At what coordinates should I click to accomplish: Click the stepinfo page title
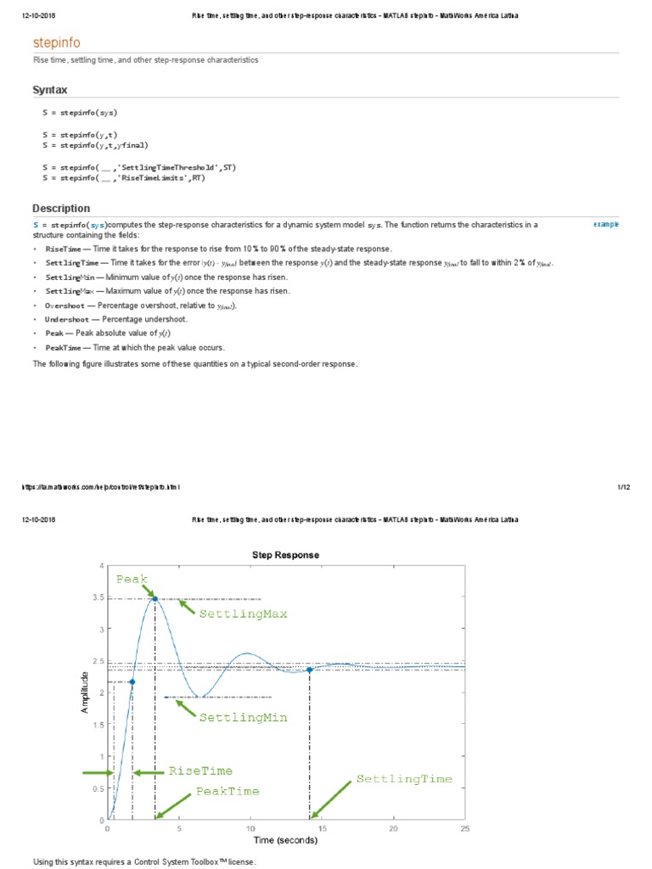pyautogui.click(x=57, y=42)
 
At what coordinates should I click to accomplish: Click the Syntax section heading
pyautogui.click(x=50, y=90)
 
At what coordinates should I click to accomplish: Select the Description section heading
pyautogui.click(x=61, y=208)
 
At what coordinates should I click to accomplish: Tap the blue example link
pyautogui.click(x=606, y=224)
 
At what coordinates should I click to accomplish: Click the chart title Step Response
pyautogui.click(x=286, y=555)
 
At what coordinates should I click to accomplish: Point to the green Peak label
pyautogui.click(x=132, y=579)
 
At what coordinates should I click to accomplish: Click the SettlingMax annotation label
pyautogui.click(x=243, y=613)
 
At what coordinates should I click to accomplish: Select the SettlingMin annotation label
pyautogui.click(x=243, y=717)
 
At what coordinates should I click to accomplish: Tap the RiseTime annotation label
pyautogui.click(x=200, y=771)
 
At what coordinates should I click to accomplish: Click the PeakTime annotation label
pyautogui.click(x=228, y=791)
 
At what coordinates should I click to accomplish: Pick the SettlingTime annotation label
pyautogui.click(x=404, y=778)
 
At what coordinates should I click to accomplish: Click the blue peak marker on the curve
pyautogui.click(x=155, y=598)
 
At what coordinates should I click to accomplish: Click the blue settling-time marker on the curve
pyautogui.click(x=310, y=670)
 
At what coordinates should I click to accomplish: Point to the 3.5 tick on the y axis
pyautogui.click(x=98, y=597)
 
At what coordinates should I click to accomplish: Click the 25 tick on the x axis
pyautogui.click(x=464, y=828)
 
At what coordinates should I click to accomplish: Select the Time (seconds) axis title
pyautogui.click(x=285, y=841)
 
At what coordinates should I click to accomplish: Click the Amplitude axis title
pyautogui.click(x=85, y=692)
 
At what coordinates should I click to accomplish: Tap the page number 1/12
pyautogui.click(x=622, y=487)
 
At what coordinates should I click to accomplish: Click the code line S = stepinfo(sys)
pyautogui.click(x=80, y=112)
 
